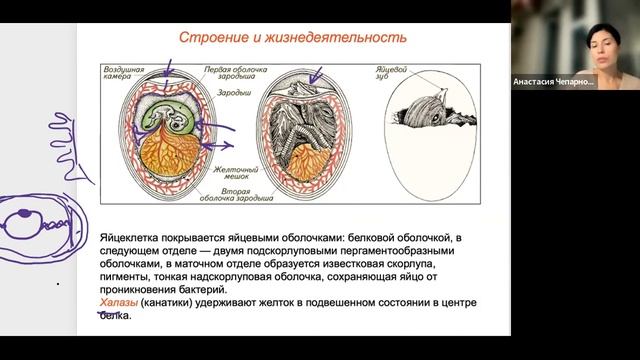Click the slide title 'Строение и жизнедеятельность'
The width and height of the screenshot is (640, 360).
(x=292, y=38)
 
